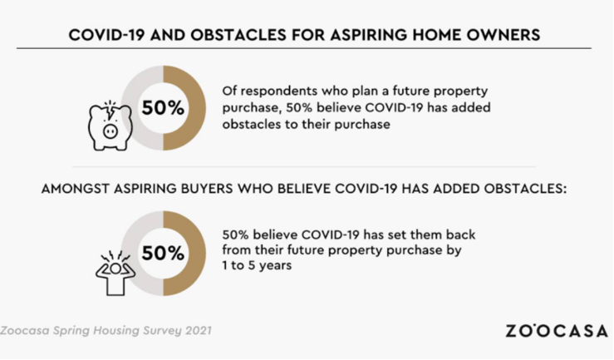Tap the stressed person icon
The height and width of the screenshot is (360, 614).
tap(115, 273)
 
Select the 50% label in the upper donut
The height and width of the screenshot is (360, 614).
tap(163, 108)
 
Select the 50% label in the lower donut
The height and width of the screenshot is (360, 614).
tap(163, 253)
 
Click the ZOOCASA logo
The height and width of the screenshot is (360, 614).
tap(557, 331)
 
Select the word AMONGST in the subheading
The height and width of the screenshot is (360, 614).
tap(75, 189)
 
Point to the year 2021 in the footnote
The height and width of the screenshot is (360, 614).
tap(198, 330)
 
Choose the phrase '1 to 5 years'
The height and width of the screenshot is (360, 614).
tap(257, 265)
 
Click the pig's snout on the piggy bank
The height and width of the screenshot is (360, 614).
tap(110, 131)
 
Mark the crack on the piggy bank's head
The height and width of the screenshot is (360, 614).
tap(111, 113)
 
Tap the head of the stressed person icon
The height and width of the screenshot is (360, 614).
tap(115, 269)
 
